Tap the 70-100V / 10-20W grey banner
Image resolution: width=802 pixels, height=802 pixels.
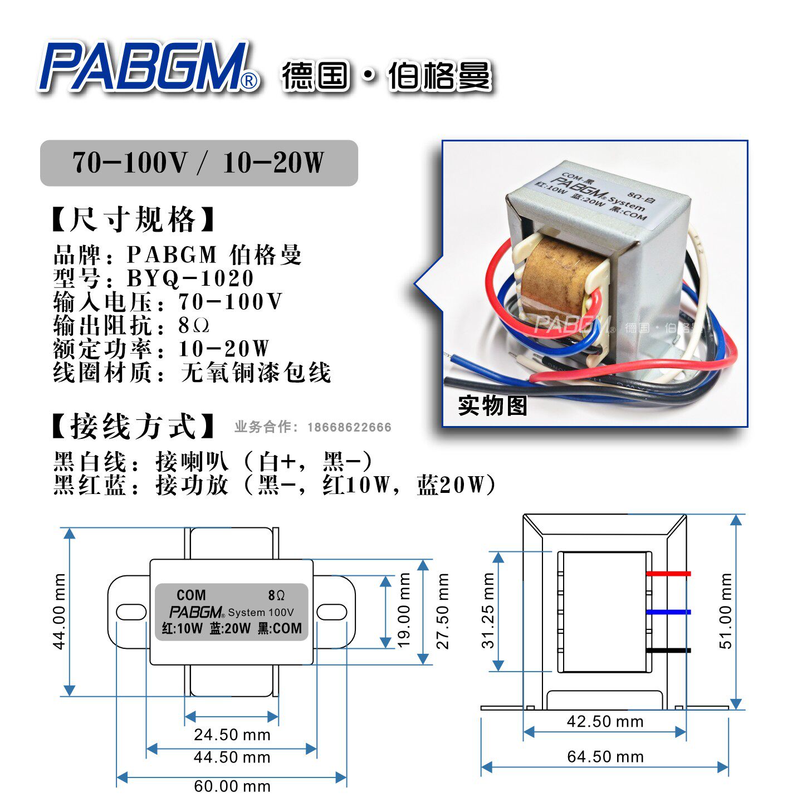[199, 163]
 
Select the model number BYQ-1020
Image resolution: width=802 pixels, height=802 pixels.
[190, 278]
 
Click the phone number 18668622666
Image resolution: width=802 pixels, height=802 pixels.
[349, 427]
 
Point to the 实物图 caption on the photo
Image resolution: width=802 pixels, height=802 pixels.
[492, 405]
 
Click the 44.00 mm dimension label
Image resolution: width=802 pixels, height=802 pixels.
[59, 611]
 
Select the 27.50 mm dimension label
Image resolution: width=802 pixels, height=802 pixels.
[442, 611]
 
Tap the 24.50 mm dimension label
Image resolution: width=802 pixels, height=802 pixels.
[232, 735]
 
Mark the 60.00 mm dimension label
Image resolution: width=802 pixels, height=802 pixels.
[232, 786]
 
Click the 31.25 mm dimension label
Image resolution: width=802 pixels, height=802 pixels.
[488, 610]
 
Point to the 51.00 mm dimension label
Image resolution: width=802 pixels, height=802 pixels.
[726, 611]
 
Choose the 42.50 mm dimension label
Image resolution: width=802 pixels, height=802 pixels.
[605, 721]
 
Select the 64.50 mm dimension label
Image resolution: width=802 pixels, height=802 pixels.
[605, 756]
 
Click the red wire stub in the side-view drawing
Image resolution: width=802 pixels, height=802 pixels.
[668, 573]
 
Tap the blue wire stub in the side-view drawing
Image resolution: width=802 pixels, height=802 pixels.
[668, 612]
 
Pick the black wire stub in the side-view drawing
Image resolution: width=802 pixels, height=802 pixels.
[668, 651]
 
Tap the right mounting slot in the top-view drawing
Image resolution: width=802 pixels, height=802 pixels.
[331, 612]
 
